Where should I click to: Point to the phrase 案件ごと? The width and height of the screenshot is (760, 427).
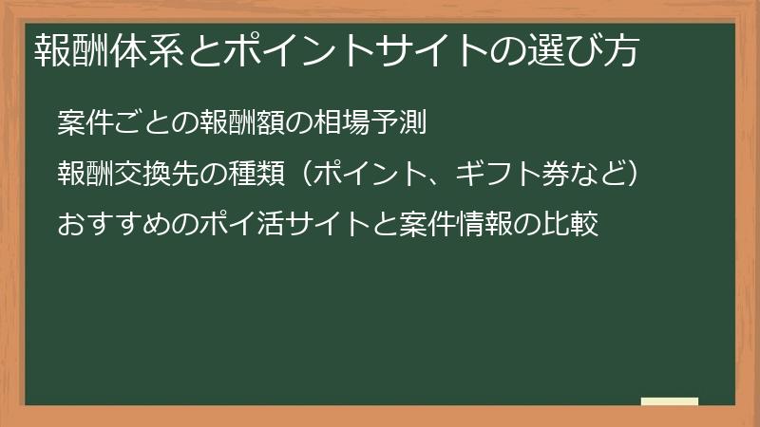(x=105, y=122)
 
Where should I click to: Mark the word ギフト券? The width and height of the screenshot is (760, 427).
(x=504, y=175)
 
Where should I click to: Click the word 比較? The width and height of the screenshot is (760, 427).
(x=574, y=226)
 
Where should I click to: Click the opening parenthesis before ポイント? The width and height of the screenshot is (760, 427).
(x=298, y=175)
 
